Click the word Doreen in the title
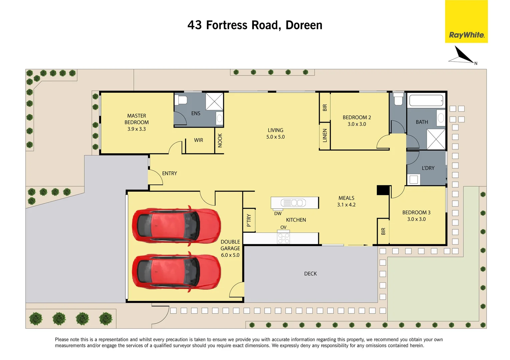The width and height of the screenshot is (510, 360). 304,25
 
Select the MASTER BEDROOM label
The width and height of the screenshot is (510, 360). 136,119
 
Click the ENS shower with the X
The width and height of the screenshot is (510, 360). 214,101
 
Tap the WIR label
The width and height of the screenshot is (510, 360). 198,140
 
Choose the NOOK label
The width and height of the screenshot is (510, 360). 220,140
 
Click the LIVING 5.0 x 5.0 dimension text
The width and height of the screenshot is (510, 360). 275,137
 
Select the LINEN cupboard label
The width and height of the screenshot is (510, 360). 325,136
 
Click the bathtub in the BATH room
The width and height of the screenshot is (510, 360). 426,100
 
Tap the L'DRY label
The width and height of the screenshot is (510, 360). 428,168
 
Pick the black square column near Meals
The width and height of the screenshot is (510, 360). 383,190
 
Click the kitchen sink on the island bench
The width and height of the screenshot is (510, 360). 294,203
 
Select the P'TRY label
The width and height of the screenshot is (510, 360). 249,220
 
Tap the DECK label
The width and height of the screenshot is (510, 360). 310,274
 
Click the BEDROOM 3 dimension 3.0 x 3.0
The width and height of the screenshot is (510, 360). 416,219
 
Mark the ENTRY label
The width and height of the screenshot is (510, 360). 169,173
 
